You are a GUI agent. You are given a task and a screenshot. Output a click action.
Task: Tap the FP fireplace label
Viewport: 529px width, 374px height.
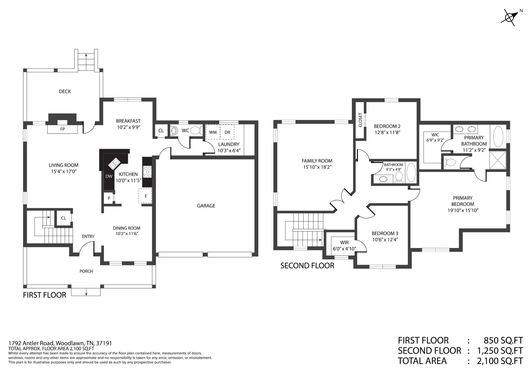[x=63, y=129]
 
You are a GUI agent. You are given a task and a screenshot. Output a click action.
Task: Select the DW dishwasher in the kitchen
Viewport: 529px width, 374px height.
[x=109, y=176]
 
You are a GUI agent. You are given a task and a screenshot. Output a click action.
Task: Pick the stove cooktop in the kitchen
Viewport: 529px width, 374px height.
[x=148, y=172]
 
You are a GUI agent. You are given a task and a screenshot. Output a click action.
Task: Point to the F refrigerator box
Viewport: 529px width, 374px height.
[x=145, y=196]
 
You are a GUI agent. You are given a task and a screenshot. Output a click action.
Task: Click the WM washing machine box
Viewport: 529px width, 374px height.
[x=213, y=132]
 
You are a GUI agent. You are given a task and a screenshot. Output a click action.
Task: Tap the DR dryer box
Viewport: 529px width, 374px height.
[x=227, y=132]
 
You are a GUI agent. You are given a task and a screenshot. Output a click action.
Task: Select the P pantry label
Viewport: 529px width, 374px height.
[x=109, y=198]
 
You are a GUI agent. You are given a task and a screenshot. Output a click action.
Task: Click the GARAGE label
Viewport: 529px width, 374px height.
[x=206, y=206]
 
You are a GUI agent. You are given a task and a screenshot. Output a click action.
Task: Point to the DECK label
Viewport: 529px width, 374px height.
[x=65, y=91]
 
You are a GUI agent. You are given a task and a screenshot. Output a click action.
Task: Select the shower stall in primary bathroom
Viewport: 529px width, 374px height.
[x=498, y=160]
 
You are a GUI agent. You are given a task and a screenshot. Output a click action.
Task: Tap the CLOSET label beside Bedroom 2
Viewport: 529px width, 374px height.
[x=361, y=120]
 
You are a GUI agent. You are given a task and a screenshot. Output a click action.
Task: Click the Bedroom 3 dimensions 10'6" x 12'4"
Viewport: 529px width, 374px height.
[x=385, y=239]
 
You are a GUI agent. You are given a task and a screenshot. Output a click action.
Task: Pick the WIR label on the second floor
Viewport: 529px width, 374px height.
[x=344, y=243]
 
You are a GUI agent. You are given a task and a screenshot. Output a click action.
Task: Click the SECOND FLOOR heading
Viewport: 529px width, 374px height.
[x=307, y=266]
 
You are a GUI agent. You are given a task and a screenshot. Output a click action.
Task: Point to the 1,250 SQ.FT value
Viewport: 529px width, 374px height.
[x=500, y=350]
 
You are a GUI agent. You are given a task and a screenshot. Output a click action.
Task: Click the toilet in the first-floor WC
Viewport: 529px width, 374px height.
[x=196, y=130]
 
